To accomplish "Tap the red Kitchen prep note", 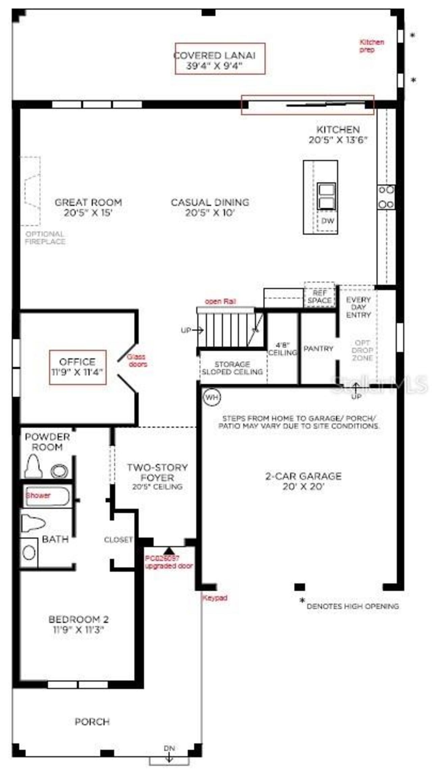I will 371,46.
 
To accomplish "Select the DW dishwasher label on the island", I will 327,221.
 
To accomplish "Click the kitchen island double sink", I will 326,196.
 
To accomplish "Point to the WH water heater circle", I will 212,397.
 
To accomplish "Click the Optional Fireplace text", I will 45,238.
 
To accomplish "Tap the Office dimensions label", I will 78,367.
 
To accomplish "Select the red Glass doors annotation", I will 137,360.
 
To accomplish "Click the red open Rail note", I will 220,301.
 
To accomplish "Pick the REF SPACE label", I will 319,296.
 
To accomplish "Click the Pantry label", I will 318,348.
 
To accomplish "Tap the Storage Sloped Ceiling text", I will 232,368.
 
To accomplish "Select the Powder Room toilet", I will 33,466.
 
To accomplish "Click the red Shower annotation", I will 38,495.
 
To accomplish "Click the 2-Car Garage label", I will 303,481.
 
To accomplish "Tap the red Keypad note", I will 215,598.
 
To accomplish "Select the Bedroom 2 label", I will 78,624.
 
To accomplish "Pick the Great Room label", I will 88,207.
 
